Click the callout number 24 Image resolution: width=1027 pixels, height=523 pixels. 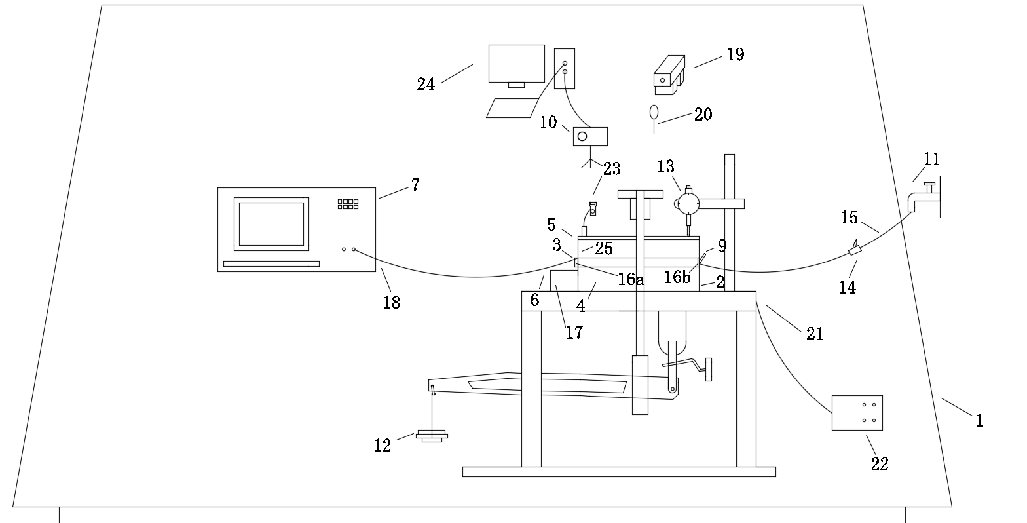click(x=426, y=85)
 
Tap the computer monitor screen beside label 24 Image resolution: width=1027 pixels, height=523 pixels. click(x=517, y=63)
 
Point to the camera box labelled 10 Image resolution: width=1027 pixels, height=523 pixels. click(x=590, y=136)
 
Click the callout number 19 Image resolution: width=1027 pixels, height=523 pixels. click(x=736, y=54)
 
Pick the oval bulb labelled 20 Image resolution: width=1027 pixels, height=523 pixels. click(x=653, y=111)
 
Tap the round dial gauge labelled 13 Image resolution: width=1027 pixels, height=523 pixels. click(x=688, y=204)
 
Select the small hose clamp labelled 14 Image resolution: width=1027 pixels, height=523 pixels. click(x=854, y=250)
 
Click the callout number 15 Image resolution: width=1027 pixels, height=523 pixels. click(x=849, y=218)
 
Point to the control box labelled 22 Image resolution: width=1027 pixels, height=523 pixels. click(x=857, y=413)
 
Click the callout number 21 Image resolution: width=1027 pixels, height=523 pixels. click(x=815, y=334)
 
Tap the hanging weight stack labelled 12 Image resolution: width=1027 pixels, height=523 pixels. click(x=432, y=435)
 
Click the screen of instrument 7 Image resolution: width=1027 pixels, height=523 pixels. click(x=271, y=223)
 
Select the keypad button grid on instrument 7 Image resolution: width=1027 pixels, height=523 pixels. click(x=348, y=204)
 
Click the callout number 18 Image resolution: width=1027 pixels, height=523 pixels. click(x=392, y=303)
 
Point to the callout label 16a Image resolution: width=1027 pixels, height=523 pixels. click(x=630, y=281)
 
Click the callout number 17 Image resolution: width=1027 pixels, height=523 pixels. click(x=574, y=332)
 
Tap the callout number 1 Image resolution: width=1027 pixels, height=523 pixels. click(x=980, y=421)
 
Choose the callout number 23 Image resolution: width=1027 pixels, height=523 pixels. click(x=612, y=169)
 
